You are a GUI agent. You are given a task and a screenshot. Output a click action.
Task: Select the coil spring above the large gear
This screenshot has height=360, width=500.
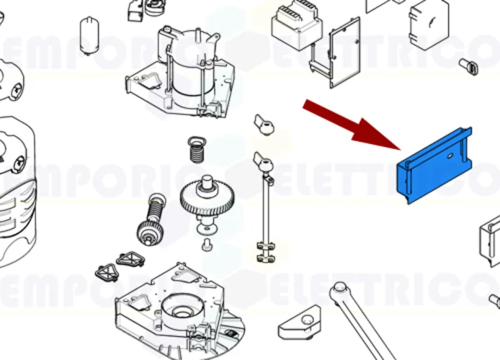tap(195, 150)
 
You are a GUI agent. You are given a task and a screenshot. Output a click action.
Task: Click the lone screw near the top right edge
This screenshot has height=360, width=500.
tap(469, 66)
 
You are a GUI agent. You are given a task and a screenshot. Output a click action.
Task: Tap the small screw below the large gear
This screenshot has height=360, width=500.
tap(207, 246)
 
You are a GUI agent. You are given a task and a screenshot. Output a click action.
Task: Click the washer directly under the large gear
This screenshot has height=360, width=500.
tap(206, 229)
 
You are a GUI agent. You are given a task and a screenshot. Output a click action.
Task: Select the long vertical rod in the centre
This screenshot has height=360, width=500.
tap(264, 209)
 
